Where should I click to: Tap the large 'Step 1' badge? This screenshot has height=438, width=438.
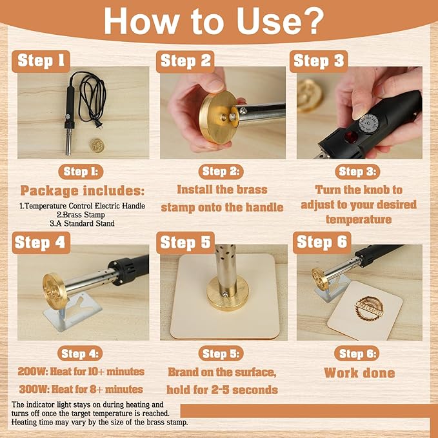coord(41,61)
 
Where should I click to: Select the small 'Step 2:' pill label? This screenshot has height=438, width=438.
coord(221,172)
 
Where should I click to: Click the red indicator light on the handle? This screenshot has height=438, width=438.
coord(351,137)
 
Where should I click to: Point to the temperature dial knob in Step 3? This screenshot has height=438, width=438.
coord(369,123)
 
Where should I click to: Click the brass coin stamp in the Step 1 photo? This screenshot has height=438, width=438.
coord(97,146)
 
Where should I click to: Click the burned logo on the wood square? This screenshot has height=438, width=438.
coord(369,309)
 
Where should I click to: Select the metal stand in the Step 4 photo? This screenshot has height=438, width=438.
coord(73,311)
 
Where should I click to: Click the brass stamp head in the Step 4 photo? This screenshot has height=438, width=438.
coord(55,291)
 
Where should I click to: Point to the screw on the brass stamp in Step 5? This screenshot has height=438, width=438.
coord(224,294)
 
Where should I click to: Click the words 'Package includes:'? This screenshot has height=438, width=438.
coord(83,191)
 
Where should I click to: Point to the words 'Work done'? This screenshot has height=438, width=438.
coord(359,373)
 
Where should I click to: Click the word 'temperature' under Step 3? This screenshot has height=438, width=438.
coord(359,219)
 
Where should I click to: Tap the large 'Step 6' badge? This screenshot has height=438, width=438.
coord(322,242)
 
